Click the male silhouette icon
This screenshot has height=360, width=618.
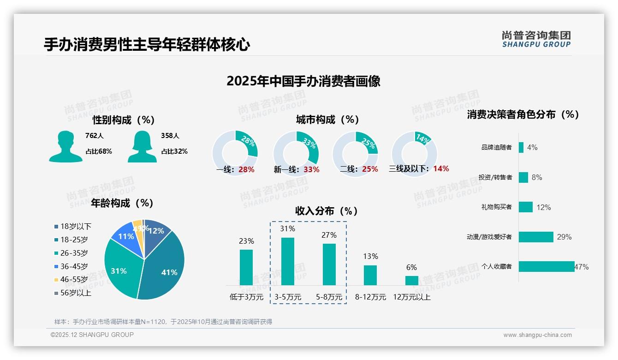tap(66, 146)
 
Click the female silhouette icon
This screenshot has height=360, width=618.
tap(142, 146)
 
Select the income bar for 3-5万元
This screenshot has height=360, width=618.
tap(288, 261)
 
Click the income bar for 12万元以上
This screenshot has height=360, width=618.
tap(412, 280)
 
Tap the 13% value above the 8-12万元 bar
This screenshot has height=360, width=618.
tap(370, 257)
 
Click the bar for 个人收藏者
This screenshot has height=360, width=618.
tap(547, 266)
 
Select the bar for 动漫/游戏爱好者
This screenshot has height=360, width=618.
tap(536, 237)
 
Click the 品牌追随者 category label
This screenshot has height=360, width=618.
tap(496, 147)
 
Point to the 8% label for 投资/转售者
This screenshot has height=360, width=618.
tap(536, 177)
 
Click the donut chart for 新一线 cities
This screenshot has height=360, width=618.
tap(296, 153)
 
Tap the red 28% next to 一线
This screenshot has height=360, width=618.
tap(246, 169)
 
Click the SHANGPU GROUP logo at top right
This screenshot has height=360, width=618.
tap(536, 39)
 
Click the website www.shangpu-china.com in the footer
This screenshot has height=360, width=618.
tap(537, 335)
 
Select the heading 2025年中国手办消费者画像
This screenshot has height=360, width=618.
tap(303, 81)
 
